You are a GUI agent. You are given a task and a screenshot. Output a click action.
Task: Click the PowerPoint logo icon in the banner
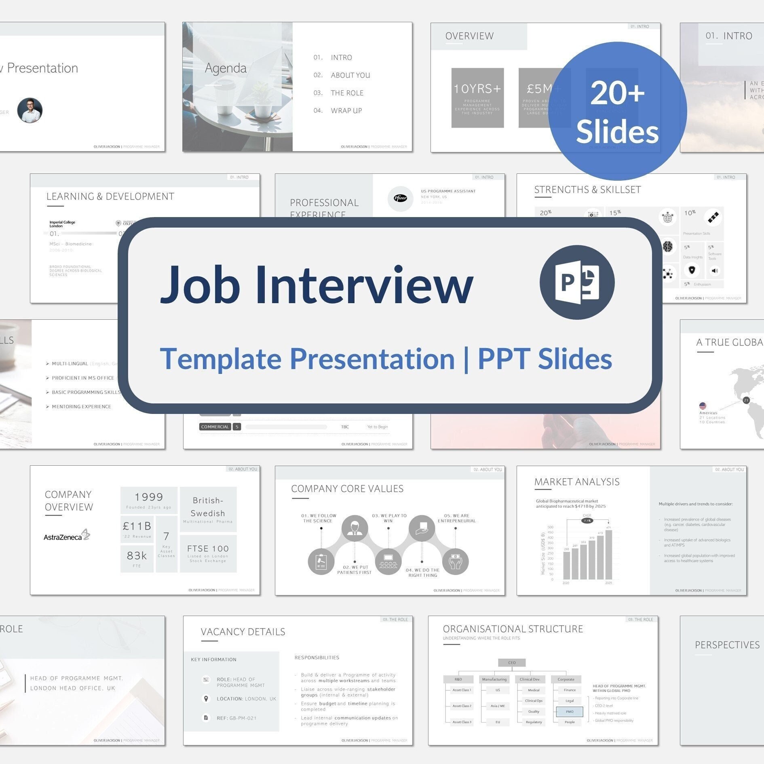point(577,282)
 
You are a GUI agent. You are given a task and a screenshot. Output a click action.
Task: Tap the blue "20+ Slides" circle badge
point(617,111)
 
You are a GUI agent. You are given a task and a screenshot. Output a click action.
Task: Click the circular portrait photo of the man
point(30,110)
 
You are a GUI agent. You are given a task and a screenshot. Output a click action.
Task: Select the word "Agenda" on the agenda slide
point(226,68)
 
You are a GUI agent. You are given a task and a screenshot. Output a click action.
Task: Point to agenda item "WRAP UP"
point(346,111)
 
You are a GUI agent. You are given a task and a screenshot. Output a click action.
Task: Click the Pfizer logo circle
point(400,198)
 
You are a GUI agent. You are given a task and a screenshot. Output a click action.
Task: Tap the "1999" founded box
point(149,500)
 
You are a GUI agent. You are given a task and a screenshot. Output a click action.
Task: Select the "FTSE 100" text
point(208,549)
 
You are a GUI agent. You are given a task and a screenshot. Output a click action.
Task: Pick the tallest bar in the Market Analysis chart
point(608,555)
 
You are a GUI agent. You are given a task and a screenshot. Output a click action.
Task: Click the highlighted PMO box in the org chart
point(570,711)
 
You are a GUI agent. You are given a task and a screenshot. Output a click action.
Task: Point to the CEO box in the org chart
point(512,663)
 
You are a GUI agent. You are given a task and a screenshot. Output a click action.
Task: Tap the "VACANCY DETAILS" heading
point(243,632)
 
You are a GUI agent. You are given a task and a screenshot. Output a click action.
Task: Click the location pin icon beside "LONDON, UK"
point(206,699)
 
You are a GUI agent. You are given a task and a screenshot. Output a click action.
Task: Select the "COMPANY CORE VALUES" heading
point(347,489)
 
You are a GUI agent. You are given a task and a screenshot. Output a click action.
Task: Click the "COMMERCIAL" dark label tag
point(215,427)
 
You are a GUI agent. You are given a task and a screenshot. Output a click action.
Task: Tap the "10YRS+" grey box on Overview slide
point(477,97)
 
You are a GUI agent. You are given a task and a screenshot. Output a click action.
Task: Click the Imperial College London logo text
point(62,224)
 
